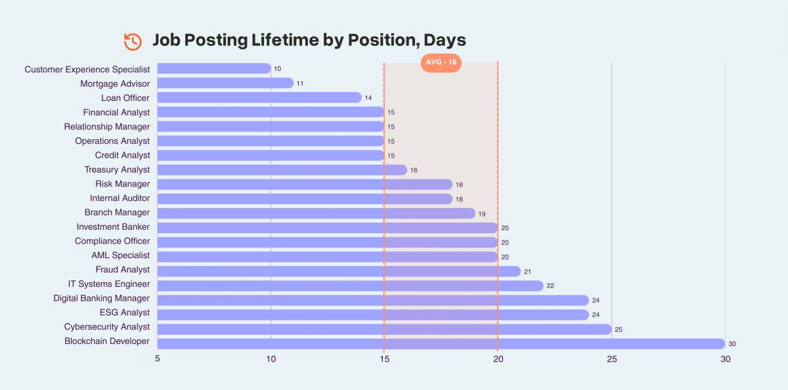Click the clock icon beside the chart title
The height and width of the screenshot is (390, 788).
coord(133,41)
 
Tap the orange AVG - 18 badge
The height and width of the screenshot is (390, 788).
coord(441,62)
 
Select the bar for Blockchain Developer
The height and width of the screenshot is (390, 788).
coord(441,343)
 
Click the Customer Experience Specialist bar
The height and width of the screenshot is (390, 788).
coord(214,69)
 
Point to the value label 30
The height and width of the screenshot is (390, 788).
coord(732,344)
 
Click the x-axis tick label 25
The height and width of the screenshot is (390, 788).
coord(611,359)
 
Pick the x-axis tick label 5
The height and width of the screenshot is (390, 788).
coord(158,359)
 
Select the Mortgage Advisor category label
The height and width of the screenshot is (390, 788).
coord(115,83)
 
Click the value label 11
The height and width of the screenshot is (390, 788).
coord(299,84)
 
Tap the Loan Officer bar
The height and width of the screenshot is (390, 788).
coord(259,98)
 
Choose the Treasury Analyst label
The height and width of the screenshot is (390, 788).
coord(117,169)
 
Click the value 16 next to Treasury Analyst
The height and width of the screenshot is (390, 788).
coord(414,170)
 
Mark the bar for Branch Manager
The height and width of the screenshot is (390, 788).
coord(316,213)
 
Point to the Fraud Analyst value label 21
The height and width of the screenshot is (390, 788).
coord(527,271)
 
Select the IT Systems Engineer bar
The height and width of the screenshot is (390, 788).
coord(350,286)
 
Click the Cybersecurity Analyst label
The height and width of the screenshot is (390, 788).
coord(107,327)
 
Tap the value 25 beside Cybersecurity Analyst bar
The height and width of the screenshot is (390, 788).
coord(618,328)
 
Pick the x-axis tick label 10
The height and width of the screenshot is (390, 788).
coord(271,359)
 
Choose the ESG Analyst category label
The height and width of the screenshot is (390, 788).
coord(124,313)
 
